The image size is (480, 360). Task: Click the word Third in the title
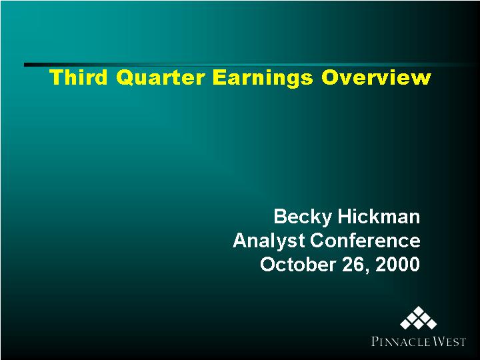click(x=79, y=77)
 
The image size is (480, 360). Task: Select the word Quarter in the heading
click(x=160, y=78)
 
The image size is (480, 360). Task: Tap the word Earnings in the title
click(x=263, y=79)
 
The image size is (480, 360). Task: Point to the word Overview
click(x=376, y=77)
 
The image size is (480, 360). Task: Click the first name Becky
click(x=303, y=217)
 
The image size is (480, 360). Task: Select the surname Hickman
click(x=379, y=216)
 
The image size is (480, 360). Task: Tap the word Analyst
click(x=269, y=241)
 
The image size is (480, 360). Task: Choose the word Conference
click(x=365, y=240)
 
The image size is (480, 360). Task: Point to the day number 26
click(x=353, y=264)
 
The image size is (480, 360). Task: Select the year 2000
click(x=397, y=264)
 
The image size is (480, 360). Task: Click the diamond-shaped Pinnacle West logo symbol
click(x=418, y=318)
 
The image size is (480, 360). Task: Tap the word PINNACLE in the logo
click(x=399, y=341)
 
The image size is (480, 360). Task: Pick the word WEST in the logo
click(x=447, y=341)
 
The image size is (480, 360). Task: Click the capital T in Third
click(x=56, y=77)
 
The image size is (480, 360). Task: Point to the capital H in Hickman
click(x=345, y=217)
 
